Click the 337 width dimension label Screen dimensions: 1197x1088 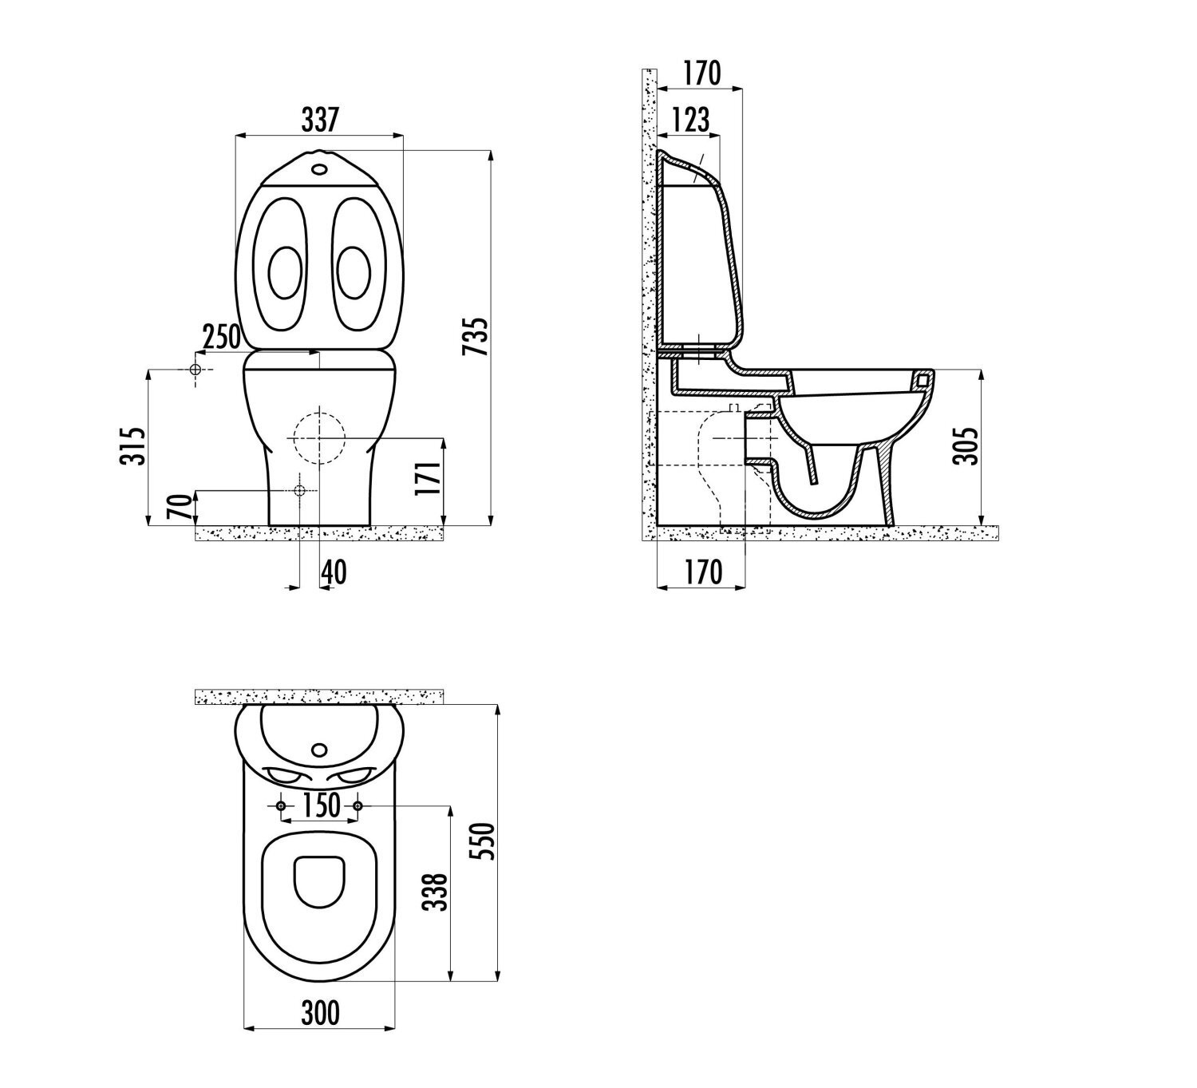[320, 120]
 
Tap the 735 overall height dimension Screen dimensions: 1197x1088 [476, 337]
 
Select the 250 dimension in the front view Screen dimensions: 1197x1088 [221, 337]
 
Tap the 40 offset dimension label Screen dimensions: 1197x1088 [334, 573]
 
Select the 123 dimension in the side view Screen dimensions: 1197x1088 [691, 120]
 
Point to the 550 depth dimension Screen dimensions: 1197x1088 [484, 841]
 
